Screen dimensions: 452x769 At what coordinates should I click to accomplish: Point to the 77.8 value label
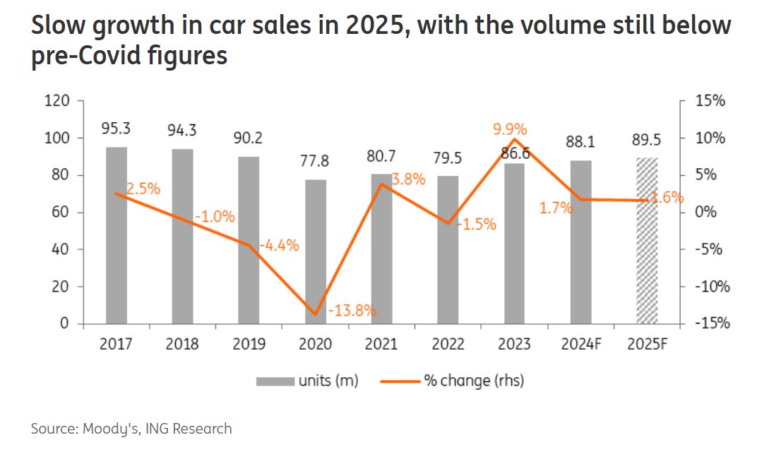tap(315, 162)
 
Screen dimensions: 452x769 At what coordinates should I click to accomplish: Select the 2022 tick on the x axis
tap(448, 345)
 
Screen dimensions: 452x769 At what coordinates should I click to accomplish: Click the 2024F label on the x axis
tap(580, 345)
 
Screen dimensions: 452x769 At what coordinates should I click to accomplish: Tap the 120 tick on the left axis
tap(56, 101)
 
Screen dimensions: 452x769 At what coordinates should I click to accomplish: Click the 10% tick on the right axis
tap(709, 138)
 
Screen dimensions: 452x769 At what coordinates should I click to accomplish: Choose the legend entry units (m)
tap(308, 381)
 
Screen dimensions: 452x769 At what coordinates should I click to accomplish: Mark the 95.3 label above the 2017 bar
tap(116, 129)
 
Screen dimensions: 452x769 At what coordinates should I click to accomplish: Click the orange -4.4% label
tap(279, 246)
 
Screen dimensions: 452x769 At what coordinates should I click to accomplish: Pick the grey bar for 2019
tap(249, 240)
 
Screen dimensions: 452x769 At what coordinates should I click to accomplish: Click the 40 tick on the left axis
tap(59, 250)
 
